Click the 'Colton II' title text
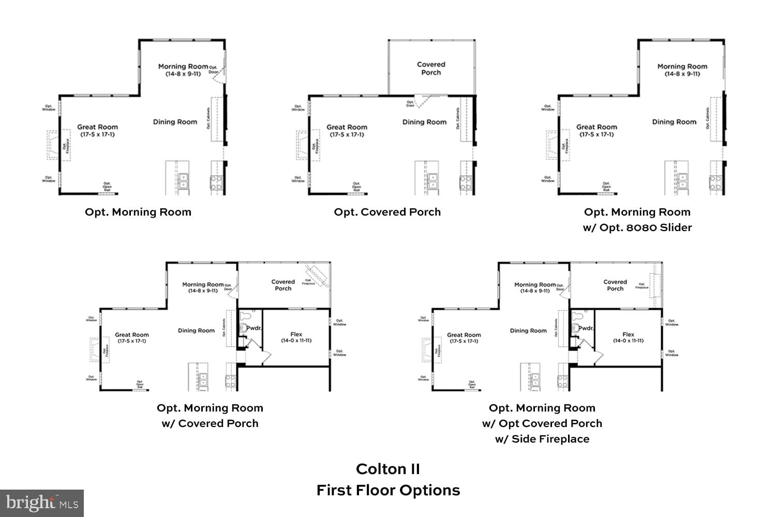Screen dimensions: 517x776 (388, 469)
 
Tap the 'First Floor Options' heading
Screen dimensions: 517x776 (388, 490)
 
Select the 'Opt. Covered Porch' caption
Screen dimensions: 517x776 (387, 212)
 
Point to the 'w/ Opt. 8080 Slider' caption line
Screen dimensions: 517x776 (637, 227)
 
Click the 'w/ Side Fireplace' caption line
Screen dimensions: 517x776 (542, 439)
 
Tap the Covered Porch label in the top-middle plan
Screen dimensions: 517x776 (431, 68)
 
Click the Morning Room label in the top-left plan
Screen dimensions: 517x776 (183, 67)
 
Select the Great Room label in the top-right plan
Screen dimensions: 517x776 (596, 127)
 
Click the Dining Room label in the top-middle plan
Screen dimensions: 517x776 (424, 122)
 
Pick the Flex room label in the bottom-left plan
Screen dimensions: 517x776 (296, 334)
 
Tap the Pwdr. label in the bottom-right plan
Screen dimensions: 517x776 (586, 328)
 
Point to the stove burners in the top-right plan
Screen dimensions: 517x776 (715, 183)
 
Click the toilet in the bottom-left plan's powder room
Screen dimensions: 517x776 (245, 315)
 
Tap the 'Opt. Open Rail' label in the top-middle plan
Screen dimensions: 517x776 (356, 187)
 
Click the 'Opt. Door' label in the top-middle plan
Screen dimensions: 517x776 (410, 104)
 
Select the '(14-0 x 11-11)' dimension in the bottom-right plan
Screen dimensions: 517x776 (628, 341)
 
